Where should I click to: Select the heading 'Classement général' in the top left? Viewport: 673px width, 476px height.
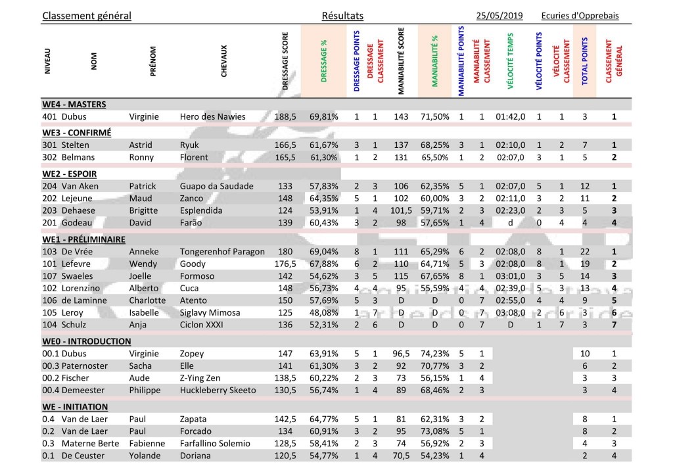pos(87,16)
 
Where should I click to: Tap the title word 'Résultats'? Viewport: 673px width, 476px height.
pos(342,16)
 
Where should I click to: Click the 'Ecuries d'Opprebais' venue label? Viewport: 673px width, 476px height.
pos(580,16)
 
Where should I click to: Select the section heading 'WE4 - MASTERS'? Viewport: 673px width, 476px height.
pos(74,104)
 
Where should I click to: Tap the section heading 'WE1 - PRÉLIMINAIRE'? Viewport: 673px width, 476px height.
pos(83,239)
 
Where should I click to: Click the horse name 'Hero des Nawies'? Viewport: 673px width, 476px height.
pos(212,116)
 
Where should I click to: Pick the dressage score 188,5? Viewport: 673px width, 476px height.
pos(285,116)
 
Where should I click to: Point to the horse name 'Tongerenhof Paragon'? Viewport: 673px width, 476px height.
pos(222,252)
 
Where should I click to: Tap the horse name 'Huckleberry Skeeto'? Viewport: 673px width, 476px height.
pos(218,389)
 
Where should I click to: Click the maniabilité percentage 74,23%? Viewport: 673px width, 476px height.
pos(434,353)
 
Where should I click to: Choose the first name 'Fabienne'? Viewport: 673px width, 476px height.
pos(148,443)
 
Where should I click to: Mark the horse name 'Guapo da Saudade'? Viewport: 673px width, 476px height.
pos(216,186)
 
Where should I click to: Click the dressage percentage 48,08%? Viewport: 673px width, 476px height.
pos(324,312)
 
